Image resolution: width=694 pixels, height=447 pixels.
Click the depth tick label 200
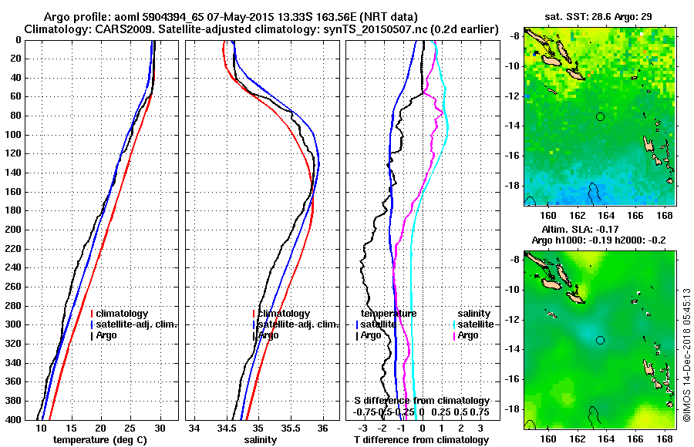(15, 230)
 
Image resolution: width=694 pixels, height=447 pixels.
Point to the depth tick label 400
(15, 420)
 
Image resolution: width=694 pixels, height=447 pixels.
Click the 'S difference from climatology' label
(421, 401)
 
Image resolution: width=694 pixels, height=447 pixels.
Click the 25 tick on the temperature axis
(130, 429)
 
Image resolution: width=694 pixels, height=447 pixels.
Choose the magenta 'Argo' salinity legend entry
(467, 335)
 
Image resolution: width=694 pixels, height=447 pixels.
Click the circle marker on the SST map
(600, 116)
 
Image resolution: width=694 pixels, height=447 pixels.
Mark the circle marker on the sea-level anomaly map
(600, 340)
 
